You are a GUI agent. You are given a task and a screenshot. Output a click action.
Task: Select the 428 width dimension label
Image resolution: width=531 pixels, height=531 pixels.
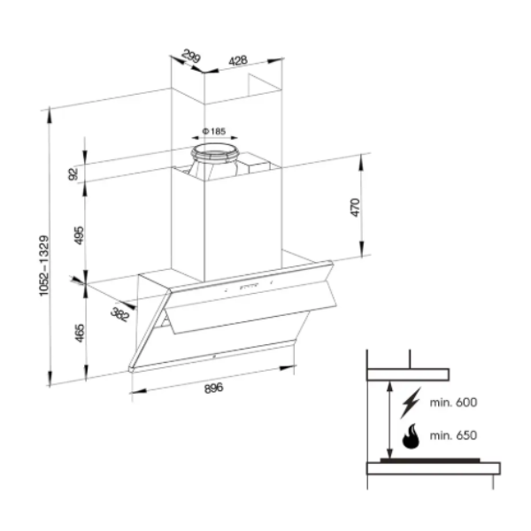(238, 60)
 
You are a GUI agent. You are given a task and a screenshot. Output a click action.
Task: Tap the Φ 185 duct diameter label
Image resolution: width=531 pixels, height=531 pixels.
(214, 131)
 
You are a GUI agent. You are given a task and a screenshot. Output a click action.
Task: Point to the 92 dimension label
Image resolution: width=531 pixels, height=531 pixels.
(73, 174)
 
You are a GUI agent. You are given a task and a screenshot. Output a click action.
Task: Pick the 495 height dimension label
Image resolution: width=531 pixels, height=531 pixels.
(79, 235)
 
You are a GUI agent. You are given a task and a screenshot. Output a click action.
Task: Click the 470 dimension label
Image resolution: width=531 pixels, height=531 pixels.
(355, 208)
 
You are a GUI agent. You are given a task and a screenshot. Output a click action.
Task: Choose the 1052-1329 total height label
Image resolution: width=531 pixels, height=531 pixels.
(44, 265)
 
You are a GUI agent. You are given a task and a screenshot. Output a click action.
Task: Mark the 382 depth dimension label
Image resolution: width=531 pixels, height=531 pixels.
(120, 314)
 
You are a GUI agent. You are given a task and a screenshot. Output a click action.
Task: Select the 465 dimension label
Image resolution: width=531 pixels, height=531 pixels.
(79, 334)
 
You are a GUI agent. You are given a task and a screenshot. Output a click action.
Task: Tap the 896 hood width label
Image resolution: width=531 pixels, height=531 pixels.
(213, 389)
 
